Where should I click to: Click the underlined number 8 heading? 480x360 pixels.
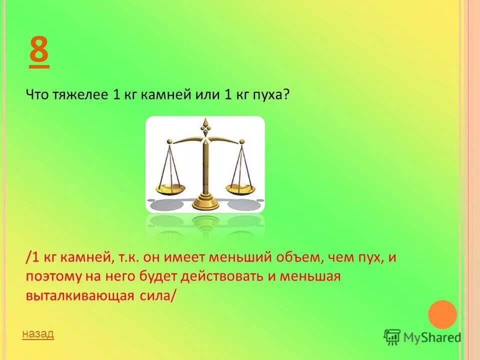click(x=39, y=51)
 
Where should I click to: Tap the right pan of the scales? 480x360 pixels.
click(x=240, y=188)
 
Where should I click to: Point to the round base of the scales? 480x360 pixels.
click(x=205, y=203)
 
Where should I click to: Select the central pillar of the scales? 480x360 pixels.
click(x=204, y=165)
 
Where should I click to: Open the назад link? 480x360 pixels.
click(x=37, y=333)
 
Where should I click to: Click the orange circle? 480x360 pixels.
click(x=442, y=314)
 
